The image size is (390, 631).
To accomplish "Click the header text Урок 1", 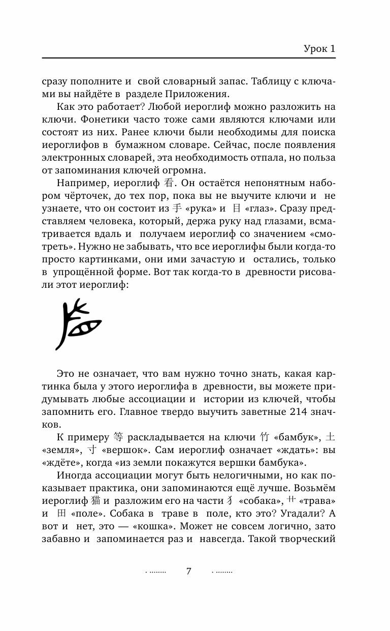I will (x=319, y=49).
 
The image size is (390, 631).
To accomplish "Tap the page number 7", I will (x=188, y=571).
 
